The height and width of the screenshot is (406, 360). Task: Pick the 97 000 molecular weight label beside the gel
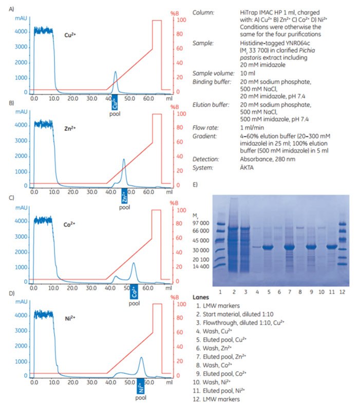[200, 223]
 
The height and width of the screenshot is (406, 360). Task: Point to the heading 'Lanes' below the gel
[201, 297]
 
